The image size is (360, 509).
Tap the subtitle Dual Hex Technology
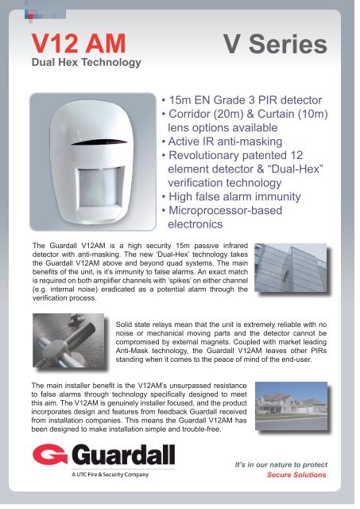pos(85,62)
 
